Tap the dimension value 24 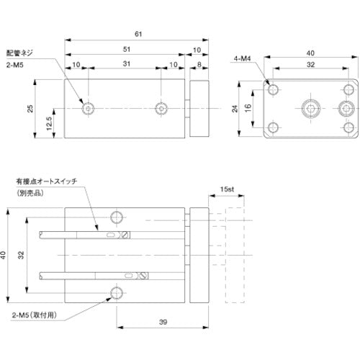[x=236, y=109]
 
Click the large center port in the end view [x=310, y=109]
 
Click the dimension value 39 [x=163, y=323]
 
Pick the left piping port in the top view [x=88, y=109]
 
